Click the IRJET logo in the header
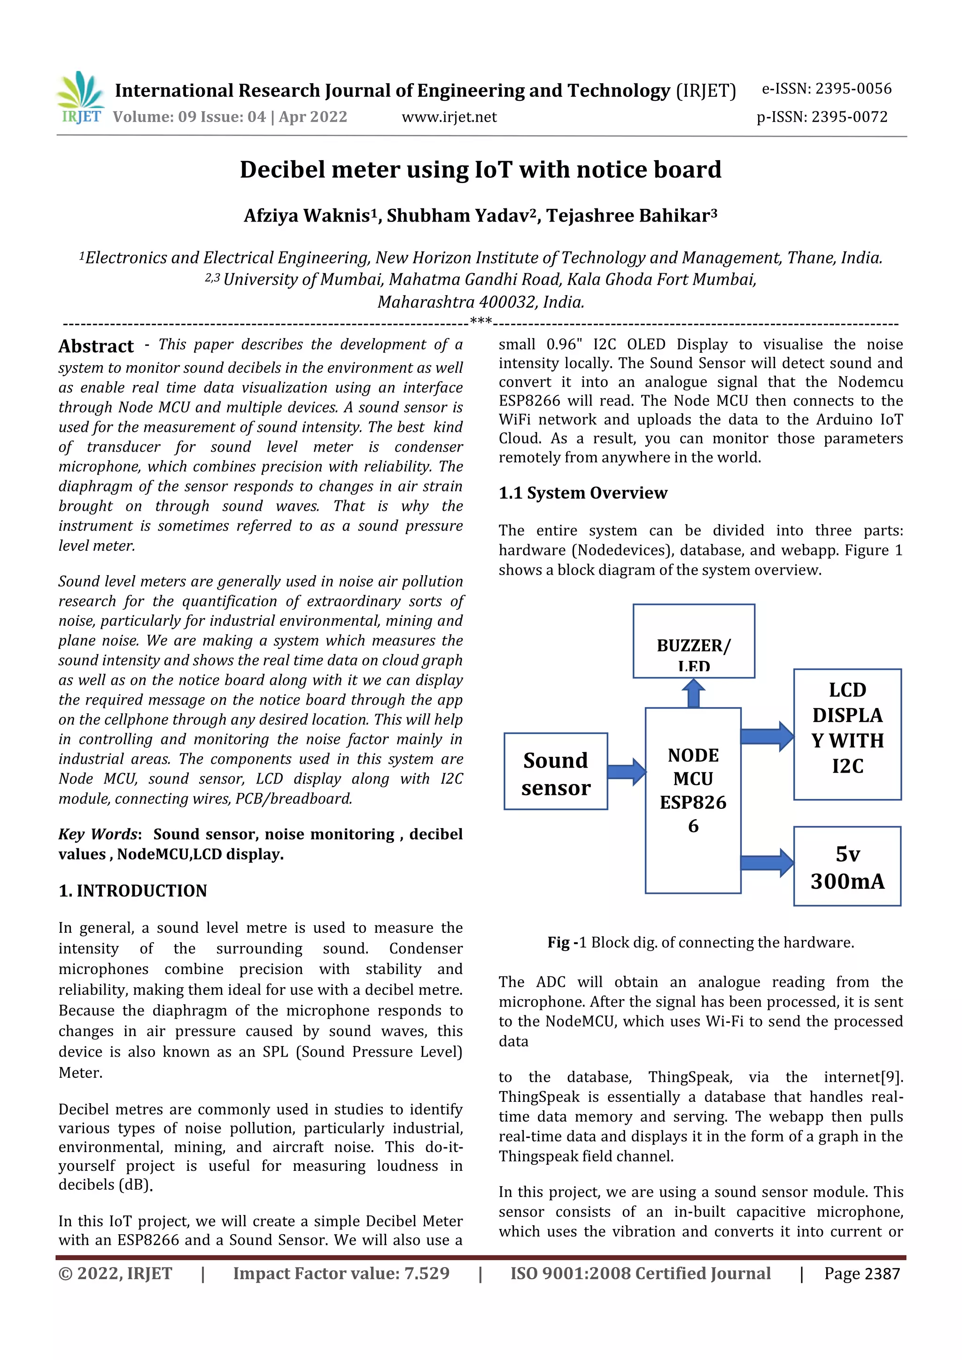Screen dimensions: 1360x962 tap(81, 98)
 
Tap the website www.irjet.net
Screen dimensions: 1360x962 tap(449, 117)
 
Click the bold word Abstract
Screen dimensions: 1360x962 tap(96, 346)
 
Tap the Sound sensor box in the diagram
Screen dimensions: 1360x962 tap(555, 771)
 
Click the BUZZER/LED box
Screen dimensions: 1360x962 tap(693, 641)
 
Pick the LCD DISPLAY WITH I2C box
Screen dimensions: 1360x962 tap(847, 735)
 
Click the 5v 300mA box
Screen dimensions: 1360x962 tap(847, 867)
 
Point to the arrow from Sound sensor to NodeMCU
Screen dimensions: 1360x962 tap(627, 772)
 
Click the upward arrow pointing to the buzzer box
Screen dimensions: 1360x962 tap(693, 693)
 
